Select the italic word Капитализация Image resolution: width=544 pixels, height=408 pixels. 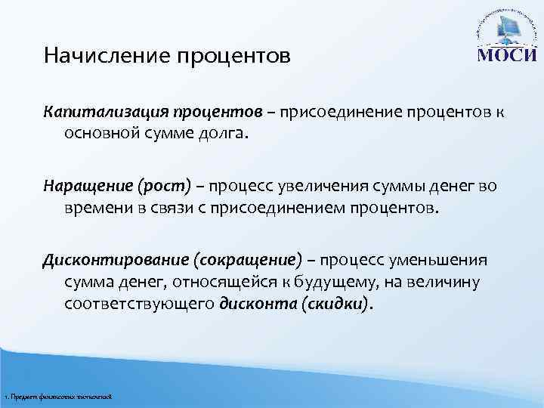pyautogui.click(x=96, y=113)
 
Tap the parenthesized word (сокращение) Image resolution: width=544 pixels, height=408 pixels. pyautogui.click(x=248, y=260)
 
